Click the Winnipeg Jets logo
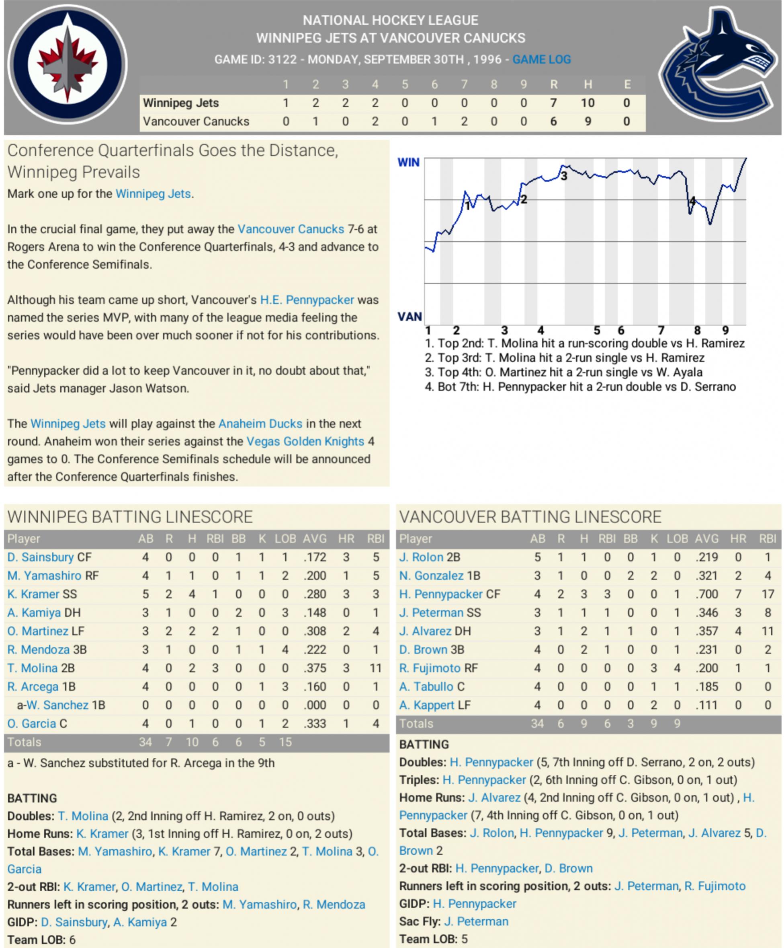point(68,65)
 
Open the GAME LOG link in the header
point(541,59)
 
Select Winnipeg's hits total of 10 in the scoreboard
point(587,103)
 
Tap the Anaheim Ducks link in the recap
point(260,424)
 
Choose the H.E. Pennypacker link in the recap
point(307,300)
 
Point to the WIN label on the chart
point(408,162)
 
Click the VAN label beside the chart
point(409,317)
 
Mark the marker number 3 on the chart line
point(564,176)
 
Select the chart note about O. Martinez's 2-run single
point(563,372)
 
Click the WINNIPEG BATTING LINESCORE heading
point(130,517)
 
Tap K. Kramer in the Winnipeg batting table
point(33,594)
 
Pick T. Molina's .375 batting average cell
point(314,668)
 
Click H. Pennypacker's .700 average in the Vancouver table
point(706,594)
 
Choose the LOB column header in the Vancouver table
point(677,539)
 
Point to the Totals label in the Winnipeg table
point(25,742)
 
